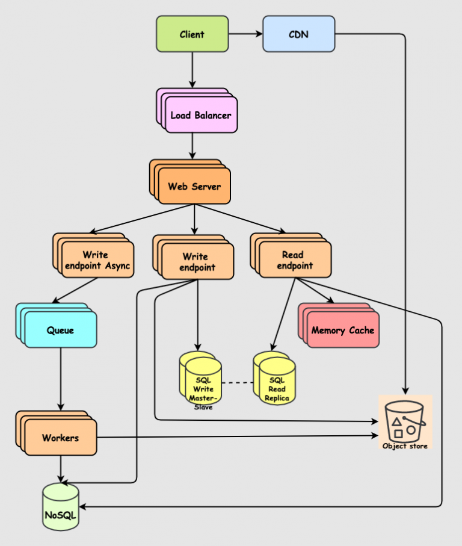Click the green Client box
click(192, 34)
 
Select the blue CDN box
click(298, 34)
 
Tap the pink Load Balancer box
click(200, 114)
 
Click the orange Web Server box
click(194, 186)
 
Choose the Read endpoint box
click(295, 260)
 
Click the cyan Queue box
click(60, 330)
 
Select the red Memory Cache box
click(342, 330)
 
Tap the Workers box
click(60, 438)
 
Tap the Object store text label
click(405, 446)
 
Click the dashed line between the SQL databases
click(237, 382)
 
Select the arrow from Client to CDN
click(245, 34)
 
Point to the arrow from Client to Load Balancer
click(192, 69)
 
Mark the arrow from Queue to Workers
click(60, 379)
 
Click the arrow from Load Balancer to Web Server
click(192, 146)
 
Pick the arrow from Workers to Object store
click(241, 436)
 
